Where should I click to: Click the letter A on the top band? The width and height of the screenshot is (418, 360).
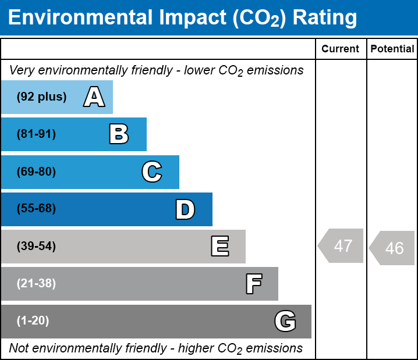(94, 97)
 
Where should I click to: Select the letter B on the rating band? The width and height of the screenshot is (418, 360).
(119, 134)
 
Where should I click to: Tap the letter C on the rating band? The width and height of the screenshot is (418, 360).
(152, 172)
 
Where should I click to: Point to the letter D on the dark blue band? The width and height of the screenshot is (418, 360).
(185, 209)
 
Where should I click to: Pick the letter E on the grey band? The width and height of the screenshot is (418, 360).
(219, 247)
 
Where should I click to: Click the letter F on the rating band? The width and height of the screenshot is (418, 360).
(253, 284)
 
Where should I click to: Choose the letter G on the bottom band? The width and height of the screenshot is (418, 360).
(285, 321)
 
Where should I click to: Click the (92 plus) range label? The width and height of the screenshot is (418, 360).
(41, 97)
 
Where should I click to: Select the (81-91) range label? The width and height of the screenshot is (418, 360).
(36, 134)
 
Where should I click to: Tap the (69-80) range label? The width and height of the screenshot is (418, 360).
(36, 172)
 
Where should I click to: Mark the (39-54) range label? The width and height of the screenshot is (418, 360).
(36, 247)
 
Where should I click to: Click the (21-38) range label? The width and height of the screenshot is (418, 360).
(36, 284)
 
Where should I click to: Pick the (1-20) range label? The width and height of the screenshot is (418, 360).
(33, 321)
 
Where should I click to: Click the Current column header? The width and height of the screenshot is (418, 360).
(341, 49)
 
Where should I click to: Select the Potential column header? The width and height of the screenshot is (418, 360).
(392, 49)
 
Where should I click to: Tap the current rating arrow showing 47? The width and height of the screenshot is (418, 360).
(342, 245)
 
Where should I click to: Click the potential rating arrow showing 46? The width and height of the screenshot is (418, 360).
(393, 248)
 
